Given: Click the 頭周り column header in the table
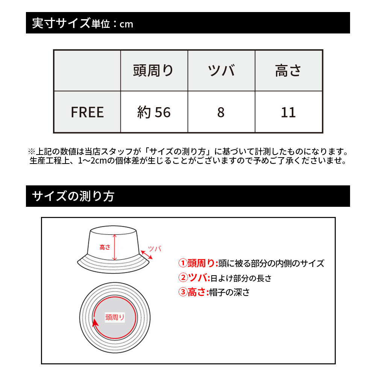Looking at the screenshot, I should pos(153,71).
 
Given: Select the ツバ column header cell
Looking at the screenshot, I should pos(221,71).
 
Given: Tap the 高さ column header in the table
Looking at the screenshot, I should pos(288,71).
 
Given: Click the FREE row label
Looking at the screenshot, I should pos(87,112).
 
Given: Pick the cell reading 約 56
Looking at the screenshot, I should pos(154,112).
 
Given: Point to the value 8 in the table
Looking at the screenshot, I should pos(221,112).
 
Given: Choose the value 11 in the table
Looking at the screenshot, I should pos(288,112).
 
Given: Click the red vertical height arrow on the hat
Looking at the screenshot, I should pos(115,247).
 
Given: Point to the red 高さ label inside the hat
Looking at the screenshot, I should pos(105,247).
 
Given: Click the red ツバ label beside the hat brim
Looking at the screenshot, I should pos(155,248).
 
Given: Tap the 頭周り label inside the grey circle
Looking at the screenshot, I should pos(115,317).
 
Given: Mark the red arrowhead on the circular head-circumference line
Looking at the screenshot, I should pos(95,322).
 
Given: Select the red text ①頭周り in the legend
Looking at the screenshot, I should pos(198,263).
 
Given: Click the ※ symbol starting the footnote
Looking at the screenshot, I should pos(31,152).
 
